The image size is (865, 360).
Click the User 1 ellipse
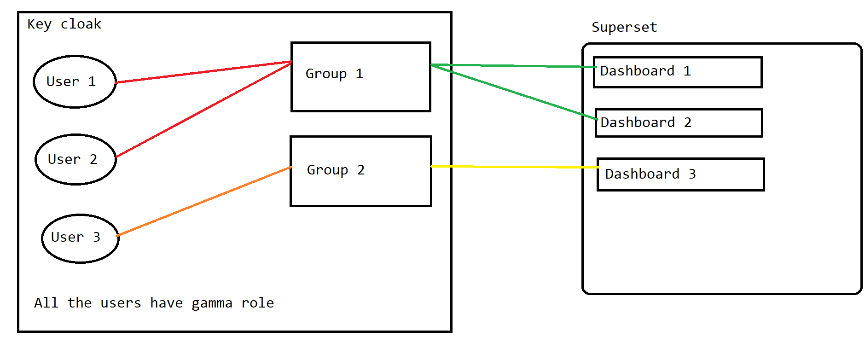(75, 81)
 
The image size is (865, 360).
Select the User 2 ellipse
(75, 159)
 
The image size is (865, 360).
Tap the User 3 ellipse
(80, 238)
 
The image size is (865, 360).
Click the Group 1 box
(360, 77)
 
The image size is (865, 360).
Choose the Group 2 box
(360, 171)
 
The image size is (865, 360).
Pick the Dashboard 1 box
(678, 72)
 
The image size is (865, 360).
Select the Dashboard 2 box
(679, 123)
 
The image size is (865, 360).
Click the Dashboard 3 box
(680, 174)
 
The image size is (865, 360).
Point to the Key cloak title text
(64, 24)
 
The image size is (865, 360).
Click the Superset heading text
(624, 27)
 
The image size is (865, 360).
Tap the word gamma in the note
(212, 303)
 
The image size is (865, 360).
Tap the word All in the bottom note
(46, 303)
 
